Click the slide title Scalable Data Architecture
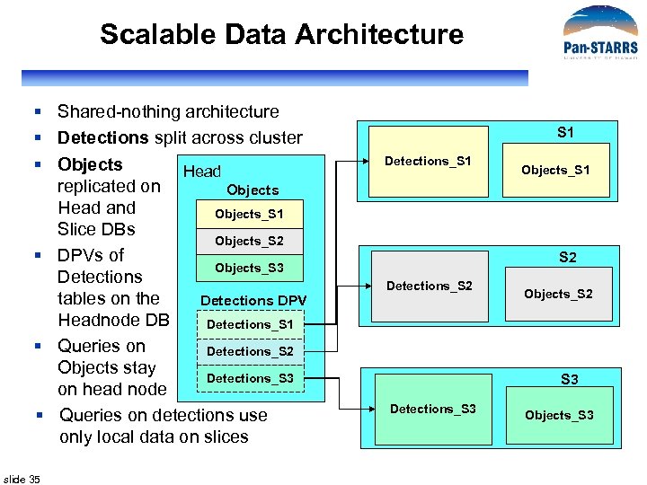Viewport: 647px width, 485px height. (281, 34)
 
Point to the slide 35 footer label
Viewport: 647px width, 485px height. (22, 479)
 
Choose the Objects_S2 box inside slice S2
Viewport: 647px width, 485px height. (558, 294)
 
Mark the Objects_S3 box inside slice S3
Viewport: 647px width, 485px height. (559, 415)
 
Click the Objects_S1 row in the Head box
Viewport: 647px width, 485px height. (249, 214)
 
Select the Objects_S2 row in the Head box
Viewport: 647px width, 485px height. (249, 241)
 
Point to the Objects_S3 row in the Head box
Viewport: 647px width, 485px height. (249, 268)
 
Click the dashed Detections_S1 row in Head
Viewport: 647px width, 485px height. (250, 324)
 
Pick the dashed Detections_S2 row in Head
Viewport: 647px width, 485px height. (250, 351)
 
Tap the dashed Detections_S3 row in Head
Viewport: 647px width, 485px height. (250, 378)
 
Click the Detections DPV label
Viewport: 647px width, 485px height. (253, 300)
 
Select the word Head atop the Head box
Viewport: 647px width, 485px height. (201, 172)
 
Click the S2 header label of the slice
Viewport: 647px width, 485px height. (568, 258)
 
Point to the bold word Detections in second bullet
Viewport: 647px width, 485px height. (102, 137)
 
